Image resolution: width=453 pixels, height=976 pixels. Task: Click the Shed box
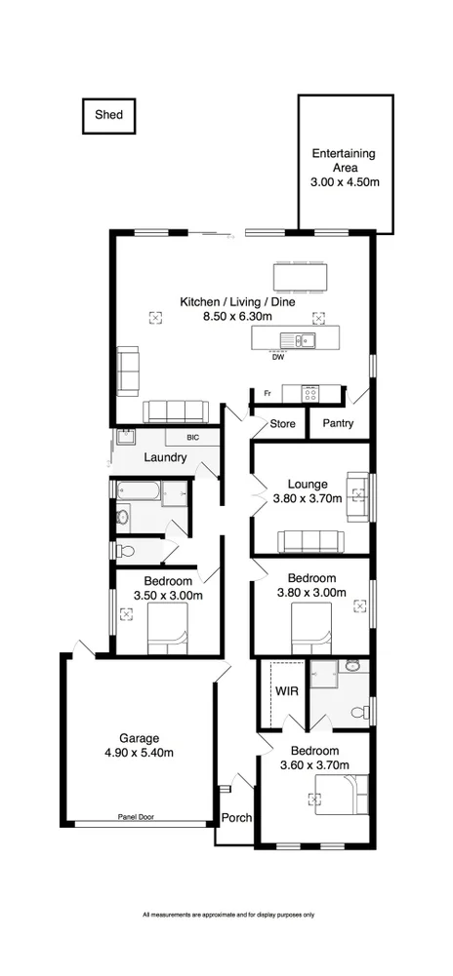pyautogui.click(x=108, y=116)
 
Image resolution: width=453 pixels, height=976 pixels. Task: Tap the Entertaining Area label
pyautogui.click(x=344, y=167)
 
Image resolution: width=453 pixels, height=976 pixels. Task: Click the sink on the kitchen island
pyautogui.click(x=296, y=339)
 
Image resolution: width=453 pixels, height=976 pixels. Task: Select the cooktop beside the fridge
pyautogui.click(x=309, y=392)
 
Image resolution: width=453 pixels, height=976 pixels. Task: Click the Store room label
pyautogui.click(x=282, y=424)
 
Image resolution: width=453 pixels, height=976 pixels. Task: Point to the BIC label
pyautogui.click(x=192, y=438)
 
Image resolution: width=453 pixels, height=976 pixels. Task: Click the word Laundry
pyautogui.click(x=165, y=456)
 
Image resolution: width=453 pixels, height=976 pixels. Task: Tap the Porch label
pyautogui.click(x=235, y=818)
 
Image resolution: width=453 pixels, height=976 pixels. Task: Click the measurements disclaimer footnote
pyautogui.click(x=227, y=915)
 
